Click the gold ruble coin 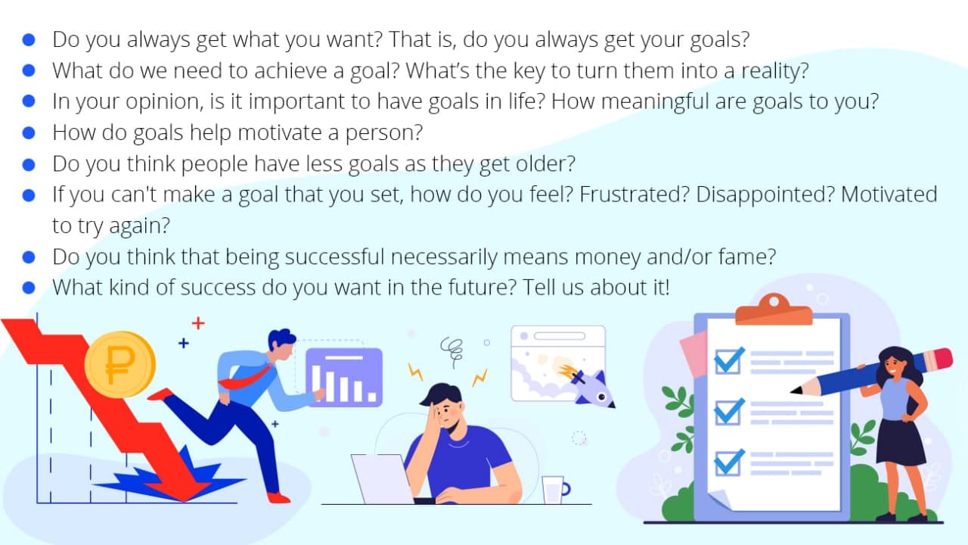pos(119,364)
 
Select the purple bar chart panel pos(344,378)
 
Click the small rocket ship pos(590,387)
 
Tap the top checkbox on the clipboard pos(729,361)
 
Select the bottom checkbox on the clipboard pos(729,462)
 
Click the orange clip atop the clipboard pos(774,310)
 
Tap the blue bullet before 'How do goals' pos(29,132)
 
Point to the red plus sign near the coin pos(198,323)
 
